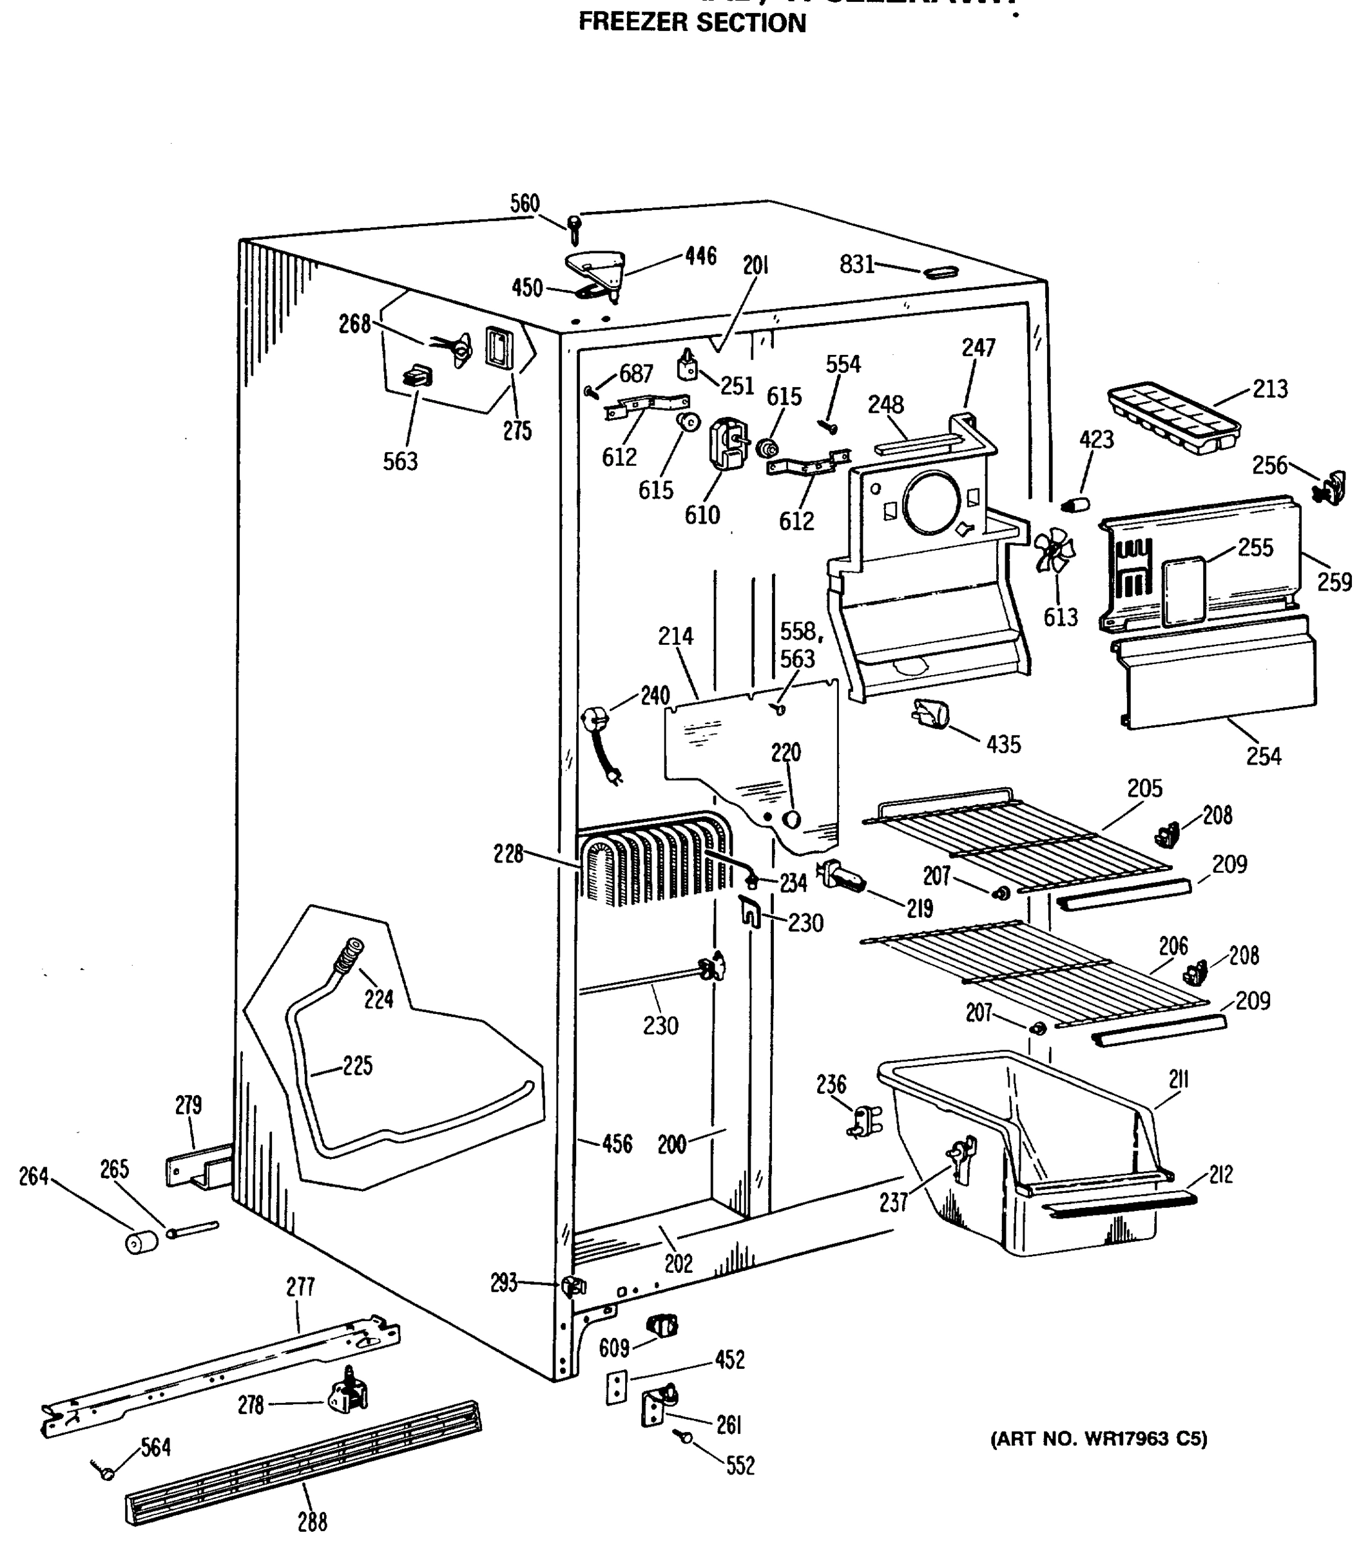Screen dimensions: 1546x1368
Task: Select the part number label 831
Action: click(856, 264)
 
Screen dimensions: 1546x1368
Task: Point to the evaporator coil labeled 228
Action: click(655, 863)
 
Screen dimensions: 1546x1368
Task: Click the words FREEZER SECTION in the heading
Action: click(691, 23)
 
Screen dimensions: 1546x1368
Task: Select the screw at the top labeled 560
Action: click(574, 226)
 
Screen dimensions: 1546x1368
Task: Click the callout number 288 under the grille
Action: click(312, 1521)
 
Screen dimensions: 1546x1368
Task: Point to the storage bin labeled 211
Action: click(1021, 1150)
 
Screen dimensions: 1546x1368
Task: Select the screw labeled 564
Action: click(106, 1472)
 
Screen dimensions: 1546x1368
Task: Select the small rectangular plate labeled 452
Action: click(617, 1389)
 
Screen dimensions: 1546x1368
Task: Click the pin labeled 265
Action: click(193, 1229)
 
